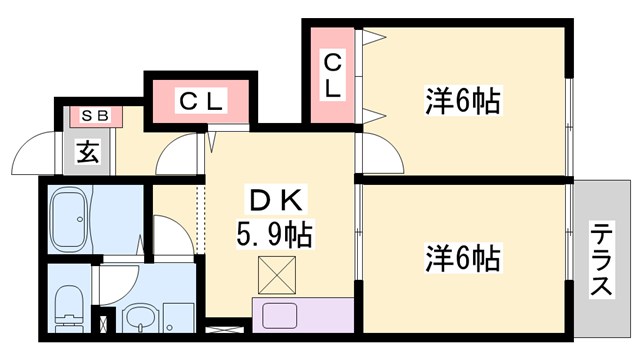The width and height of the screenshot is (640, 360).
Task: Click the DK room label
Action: (x=272, y=200)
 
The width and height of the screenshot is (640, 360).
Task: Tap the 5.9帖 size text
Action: (x=272, y=235)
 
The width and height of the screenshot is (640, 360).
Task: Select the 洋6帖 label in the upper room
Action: (x=461, y=101)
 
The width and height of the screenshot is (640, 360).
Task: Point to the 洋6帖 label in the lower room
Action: (x=461, y=260)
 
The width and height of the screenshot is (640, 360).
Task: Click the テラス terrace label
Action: (x=600, y=258)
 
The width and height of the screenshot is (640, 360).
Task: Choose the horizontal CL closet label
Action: (x=203, y=101)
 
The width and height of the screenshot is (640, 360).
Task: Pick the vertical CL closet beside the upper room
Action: (x=332, y=75)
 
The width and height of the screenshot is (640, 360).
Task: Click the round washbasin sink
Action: (x=141, y=320)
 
